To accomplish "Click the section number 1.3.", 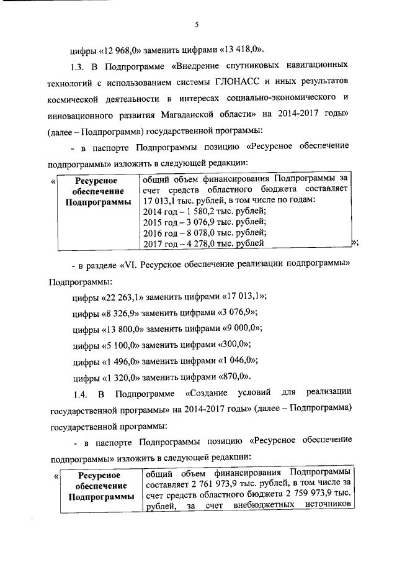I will click(x=81, y=65).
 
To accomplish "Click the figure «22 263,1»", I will click(x=127, y=296).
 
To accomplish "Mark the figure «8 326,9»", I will click(x=124, y=312).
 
